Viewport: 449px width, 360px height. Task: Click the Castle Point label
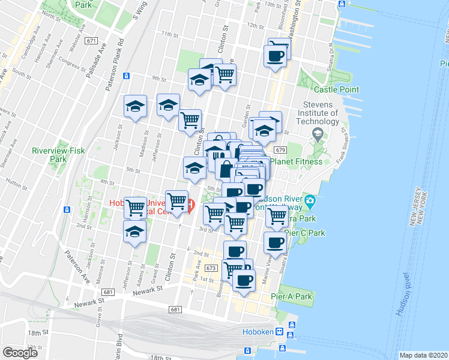337,90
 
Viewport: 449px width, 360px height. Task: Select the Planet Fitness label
297,161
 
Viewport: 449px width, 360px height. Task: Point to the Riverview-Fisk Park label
49,155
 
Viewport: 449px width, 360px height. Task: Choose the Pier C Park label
304,232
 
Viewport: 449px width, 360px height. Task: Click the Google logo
20,353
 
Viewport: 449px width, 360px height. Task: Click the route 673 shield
210,268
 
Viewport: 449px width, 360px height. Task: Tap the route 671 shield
91,41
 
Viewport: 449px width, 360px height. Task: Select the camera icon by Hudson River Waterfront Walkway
310,200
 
